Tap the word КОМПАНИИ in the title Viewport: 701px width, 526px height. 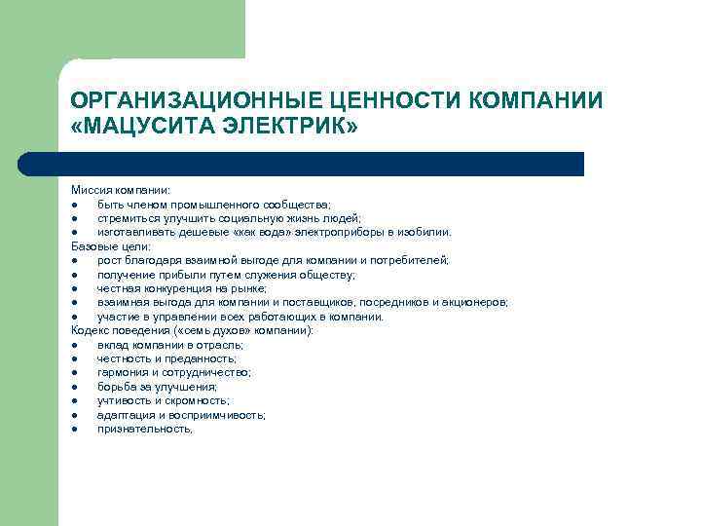point(536,101)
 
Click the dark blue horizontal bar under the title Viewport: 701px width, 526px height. point(321,164)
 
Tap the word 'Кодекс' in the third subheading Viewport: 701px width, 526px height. point(90,330)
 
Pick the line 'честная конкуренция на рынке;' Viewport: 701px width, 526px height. point(182,288)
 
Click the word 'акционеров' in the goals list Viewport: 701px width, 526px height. point(477,303)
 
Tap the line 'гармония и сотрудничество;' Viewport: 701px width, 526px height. point(173,372)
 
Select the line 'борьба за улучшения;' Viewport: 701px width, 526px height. point(157,387)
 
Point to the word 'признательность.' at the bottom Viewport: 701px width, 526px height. point(145,429)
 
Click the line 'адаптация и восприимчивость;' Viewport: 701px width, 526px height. point(181,415)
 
